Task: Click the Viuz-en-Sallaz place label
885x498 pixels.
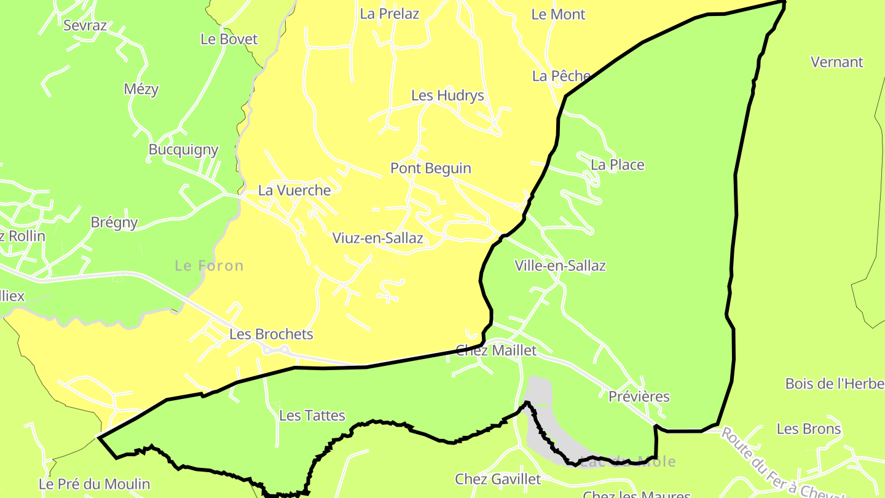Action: point(377,238)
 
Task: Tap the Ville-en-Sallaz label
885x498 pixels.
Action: point(560,266)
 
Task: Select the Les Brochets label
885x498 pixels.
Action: point(271,334)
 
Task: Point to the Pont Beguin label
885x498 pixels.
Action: point(431,168)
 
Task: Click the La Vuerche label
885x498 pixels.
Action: point(294,190)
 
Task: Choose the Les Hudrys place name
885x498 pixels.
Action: point(447,95)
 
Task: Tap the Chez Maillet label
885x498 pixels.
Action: point(496,350)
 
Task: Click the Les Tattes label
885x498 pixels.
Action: point(312,416)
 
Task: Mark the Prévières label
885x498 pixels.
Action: point(639,397)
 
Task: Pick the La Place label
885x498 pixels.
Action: point(617,165)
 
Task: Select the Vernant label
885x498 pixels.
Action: point(836,62)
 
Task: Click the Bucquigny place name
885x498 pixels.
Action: point(183,149)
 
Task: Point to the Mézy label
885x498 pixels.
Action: point(141,89)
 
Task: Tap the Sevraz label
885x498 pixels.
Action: point(85,25)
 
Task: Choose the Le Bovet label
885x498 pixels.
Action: point(229,39)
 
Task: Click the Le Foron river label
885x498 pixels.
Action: point(209,266)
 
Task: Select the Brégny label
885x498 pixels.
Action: point(114,223)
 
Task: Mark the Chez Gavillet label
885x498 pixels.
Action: point(498,479)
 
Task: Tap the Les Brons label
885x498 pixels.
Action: point(809,429)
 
